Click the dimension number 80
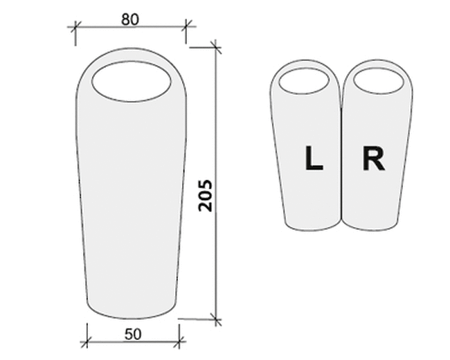130,19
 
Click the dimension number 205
205,196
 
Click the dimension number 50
133,334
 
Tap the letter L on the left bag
314,158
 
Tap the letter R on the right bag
373,159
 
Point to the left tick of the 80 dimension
75,27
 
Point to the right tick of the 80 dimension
186,26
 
